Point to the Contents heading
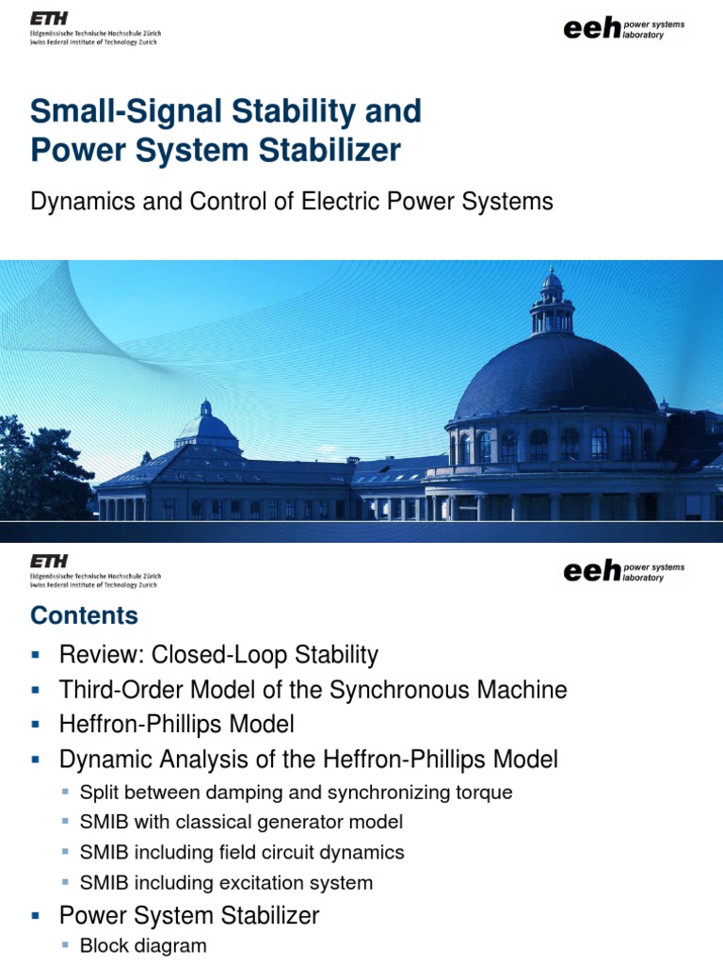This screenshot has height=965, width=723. pyautogui.click(x=84, y=615)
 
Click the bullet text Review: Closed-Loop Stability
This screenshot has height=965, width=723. pyautogui.click(x=218, y=654)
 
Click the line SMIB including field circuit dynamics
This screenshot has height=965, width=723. pyautogui.click(x=242, y=853)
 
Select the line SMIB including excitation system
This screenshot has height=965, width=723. pyautogui.click(x=227, y=883)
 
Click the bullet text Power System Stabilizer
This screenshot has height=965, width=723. pyautogui.click(x=189, y=915)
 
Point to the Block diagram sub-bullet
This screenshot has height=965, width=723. pyautogui.click(x=143, y=945)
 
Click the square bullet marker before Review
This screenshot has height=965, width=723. pyautogui.click(x=36, y=655)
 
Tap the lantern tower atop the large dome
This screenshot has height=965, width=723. pyautogui.click(x=552, y=303)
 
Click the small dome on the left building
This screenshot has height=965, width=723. pyautogui.click(x=206, y=425)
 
